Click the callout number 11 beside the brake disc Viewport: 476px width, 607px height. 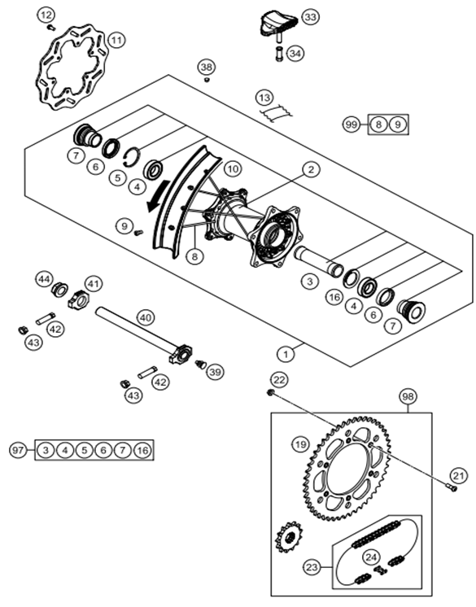click(117, 40)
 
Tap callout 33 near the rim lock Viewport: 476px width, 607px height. click(310, 17)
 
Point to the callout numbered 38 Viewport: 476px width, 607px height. click(207, 67)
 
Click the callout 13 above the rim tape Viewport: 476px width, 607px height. click(264, 98)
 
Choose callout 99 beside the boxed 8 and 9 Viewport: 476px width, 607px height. click(352, 124)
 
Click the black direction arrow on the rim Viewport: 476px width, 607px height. click(159, 196)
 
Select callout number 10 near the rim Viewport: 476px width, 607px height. click(233, 168)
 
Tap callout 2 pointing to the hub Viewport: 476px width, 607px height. click(311, 169)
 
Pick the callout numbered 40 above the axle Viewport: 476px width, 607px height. click(146, 318)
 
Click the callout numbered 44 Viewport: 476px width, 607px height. click(44, 279)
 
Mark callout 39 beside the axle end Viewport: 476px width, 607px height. click(215, 372)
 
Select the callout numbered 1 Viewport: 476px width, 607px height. click(286, 354)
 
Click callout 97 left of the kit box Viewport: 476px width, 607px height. click(17, 450)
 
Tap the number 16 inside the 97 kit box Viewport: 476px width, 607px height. click(143, 450)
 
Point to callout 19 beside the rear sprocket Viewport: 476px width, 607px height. click(301, 444)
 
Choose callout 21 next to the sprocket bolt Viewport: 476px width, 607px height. click(458, 475)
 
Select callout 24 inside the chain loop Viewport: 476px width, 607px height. click(371, 557)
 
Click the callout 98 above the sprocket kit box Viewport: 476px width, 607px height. click(408, 396)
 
